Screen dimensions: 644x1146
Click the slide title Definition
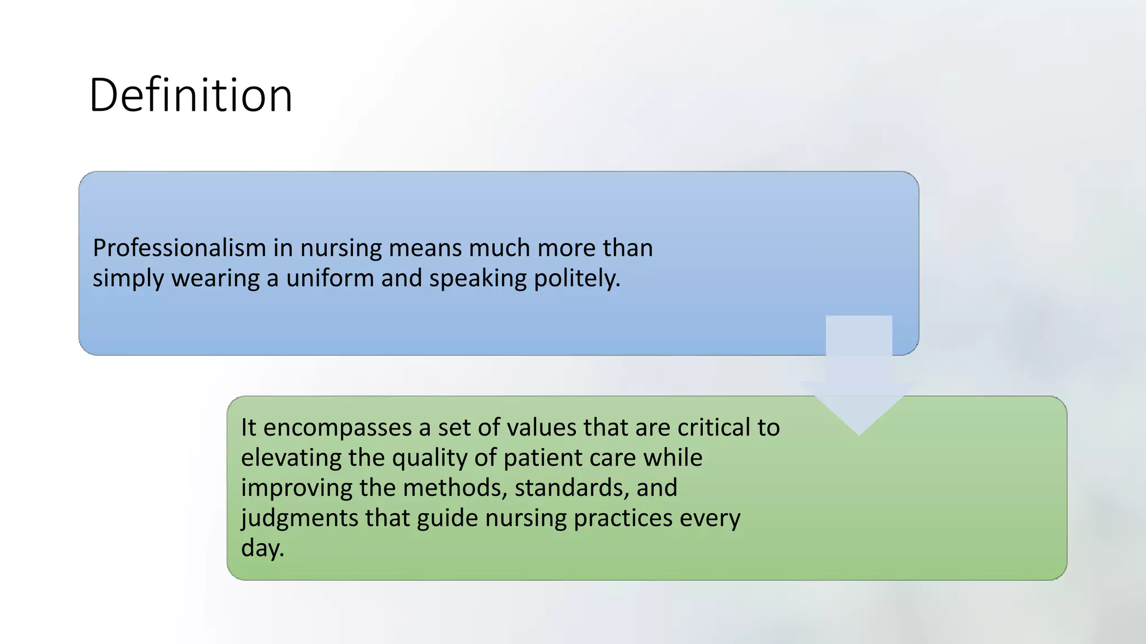click(x=191, y=96)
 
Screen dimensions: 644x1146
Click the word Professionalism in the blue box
click(x=179, y=248)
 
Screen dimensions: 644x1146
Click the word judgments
click(x=299, y=518)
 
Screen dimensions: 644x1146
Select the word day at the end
click(x=262, y=548)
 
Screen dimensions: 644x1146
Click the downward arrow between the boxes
click(x=858, y=380)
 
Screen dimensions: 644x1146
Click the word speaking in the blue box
click(x=477, y=278)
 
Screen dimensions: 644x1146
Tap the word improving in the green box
click(x=296, y=487)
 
